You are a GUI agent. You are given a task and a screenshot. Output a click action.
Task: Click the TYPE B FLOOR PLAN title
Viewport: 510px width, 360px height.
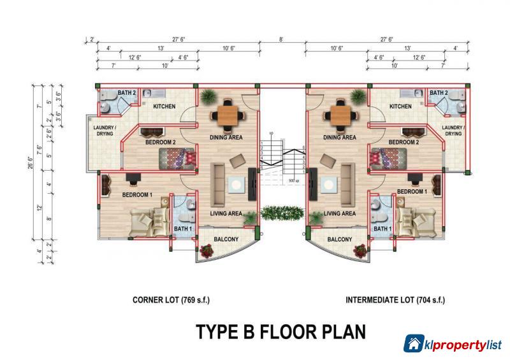280,331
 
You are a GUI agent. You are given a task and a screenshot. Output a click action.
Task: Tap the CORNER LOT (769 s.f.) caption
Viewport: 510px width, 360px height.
171,299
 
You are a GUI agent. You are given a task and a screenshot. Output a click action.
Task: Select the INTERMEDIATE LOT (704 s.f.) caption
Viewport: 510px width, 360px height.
395,299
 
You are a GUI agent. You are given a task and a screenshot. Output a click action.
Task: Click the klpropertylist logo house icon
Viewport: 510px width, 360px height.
415,343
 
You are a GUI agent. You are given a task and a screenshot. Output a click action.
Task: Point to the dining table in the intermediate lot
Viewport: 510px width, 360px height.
338,116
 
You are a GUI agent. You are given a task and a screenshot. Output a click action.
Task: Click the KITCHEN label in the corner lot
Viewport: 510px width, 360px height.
163,106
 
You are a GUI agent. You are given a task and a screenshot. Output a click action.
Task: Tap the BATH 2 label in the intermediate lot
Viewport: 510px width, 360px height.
439,93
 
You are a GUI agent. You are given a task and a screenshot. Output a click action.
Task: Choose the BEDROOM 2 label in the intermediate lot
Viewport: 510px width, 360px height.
404,142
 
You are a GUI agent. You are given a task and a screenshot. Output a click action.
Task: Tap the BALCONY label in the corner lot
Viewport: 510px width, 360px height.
226,240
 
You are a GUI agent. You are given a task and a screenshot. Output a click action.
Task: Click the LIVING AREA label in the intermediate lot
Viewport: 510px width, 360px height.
339,214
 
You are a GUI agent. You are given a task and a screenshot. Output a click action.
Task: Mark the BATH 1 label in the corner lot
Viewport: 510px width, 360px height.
182,229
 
